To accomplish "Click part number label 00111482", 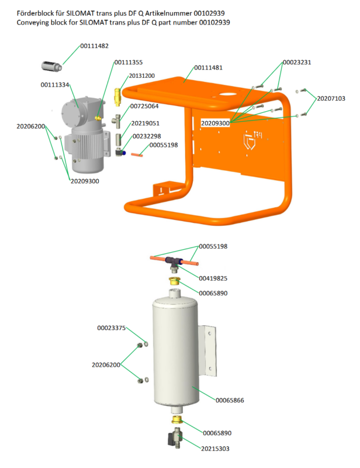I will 95,46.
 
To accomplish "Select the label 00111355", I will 129,62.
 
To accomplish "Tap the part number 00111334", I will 55,85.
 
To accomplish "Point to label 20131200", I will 142,76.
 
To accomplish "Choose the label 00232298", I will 147,136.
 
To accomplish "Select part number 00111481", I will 208,68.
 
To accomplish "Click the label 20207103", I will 331,99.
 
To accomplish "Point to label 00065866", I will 230,400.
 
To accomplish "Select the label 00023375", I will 111,329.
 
